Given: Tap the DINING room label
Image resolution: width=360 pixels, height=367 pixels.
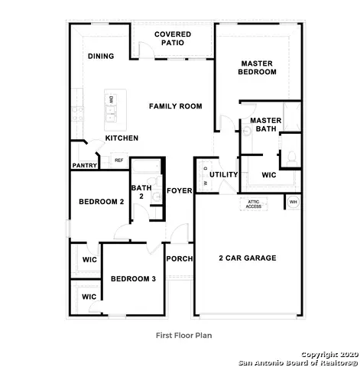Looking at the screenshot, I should [x=101, y=56].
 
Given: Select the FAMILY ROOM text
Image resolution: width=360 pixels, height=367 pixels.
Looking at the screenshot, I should [x=176, y=106].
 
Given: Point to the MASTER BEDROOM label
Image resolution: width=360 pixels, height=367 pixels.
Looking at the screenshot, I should [x=258, y=67].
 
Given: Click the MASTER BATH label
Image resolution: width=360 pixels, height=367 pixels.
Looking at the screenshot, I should [x=265, y=125].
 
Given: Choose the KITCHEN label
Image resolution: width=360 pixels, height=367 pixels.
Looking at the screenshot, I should [x=122, y=138].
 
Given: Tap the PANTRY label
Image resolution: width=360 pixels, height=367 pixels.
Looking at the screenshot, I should [x=84, y=165].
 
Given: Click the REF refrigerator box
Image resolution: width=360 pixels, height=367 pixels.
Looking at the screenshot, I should [x=118, y=160].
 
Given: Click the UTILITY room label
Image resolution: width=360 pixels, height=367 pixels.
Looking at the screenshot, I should [x=224, y=174].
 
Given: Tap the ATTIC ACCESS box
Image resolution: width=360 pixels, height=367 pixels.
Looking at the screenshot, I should [x=253, y=203].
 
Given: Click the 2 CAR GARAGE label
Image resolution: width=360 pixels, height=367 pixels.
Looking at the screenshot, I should [x=247, y=258].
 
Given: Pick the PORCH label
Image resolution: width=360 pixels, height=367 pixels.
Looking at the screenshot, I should [x=179, y=258].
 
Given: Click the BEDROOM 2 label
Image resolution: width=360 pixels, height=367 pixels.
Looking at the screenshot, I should [x=101, y=202].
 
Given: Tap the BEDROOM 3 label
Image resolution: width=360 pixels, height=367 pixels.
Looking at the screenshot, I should [x=133, y=279].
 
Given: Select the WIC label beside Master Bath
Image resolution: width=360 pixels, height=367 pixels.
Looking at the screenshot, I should [x=269, y=175].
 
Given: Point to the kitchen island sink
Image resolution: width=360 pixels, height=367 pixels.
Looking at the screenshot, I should [x=111, y=116].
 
